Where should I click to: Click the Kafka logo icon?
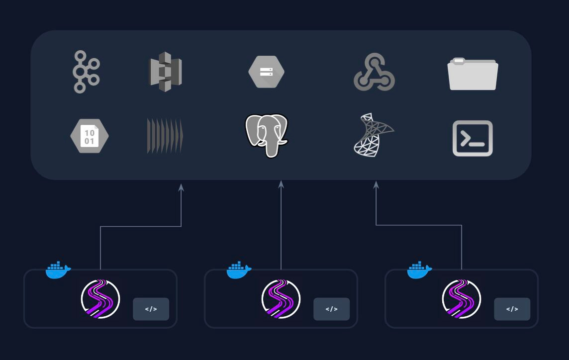(x=86, y=72)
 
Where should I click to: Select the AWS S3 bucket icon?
(x=165, y=72)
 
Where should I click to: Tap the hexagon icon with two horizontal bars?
(x=266, y=72)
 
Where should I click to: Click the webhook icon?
(x=374, y=73)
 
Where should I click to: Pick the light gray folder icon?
(x=473, y=74)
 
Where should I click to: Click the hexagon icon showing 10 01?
(x=90, y=136)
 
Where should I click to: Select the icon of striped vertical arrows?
(x=165, y=136)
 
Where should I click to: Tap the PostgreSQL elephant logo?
(x=267, y=135)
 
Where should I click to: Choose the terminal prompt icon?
(x=473, y=138)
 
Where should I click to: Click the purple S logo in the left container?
(x=100, y=299)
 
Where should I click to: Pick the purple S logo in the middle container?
(x=281, y=299)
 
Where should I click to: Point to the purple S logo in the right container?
(x=462, y=299)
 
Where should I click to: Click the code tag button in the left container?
(x=151, y=309)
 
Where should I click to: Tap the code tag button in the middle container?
(x=331, y=309)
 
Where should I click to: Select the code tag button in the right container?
(x=512, y=309)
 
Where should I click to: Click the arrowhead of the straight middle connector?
(x=281, y=184)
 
